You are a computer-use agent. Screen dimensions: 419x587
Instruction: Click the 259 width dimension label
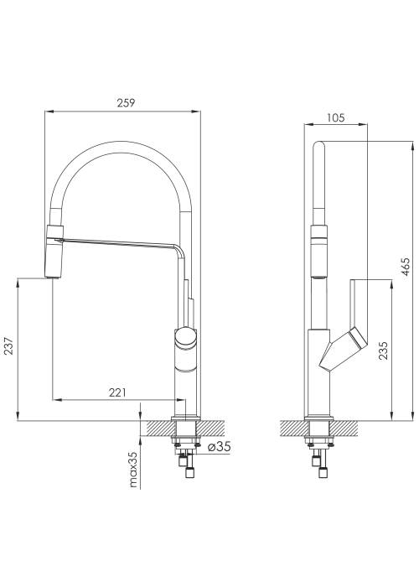(126, 103)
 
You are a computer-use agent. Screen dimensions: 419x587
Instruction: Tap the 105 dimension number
(335, 118)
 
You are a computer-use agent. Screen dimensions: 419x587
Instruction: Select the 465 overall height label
(405, 267)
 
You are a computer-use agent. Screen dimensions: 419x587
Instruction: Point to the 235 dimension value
(383, 351)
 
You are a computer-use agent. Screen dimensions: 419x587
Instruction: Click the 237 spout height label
(9, 345)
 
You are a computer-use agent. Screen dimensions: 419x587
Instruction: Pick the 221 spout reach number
(117, 392)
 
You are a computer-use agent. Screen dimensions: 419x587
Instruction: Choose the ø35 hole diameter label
(219, 446)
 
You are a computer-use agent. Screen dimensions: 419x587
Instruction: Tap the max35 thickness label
(133, 470)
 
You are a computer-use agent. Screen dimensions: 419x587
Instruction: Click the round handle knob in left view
(185, 337)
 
